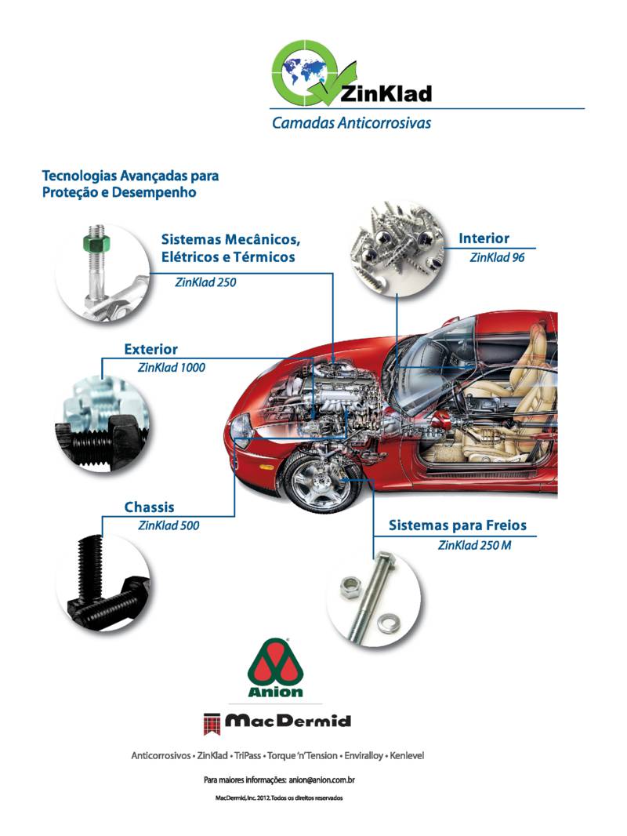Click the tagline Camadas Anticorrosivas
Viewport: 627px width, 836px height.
(x=351, y=123)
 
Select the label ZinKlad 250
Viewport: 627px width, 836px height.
(x=205, y=282)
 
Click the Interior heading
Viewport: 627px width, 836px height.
(x=484, y=238)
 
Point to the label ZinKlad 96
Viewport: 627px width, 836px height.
(x=497, y=257)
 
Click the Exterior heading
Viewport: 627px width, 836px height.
(x=150, y=349)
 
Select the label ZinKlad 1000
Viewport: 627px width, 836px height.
(x=172, y=367)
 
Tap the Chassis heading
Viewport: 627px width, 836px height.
(x=149, y=507)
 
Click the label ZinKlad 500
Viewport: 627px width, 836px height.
(x=169, y=525)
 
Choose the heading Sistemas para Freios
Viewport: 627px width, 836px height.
(x=458, y=525)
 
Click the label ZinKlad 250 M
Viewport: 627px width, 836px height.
(x=475, y=545)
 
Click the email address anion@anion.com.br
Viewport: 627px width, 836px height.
(x=322, y=780)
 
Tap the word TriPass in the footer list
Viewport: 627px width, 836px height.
(x=248, y=755)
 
